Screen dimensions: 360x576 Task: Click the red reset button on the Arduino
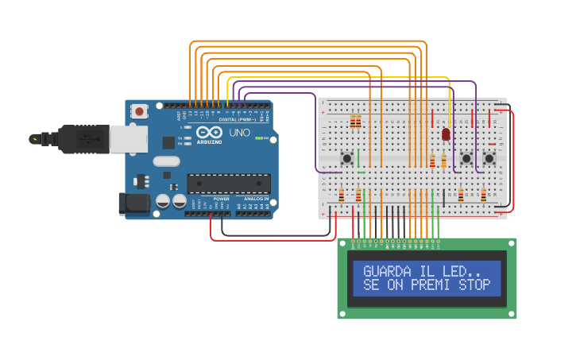pyautogui.click(x=140, y=111)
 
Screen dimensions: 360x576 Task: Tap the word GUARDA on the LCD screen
pyautogui.click(x=388, y=272)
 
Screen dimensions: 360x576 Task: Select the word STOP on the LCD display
pyautogui.click(x=474, y=285)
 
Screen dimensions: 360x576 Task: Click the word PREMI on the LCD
pyautogui.click(x=432, y=285)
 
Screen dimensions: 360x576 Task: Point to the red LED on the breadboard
pyautogui.click(x=446, y=134)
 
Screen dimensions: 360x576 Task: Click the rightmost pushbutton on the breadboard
pyautogui.click(x=489, y=158)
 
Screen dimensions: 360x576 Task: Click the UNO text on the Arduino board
pyautogui.click(x=239, y=133)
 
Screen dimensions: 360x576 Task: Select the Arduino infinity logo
pyautogui.click(x=209, y=132)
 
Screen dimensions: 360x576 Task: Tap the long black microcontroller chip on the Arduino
pyautogui.click(x=228, y=184)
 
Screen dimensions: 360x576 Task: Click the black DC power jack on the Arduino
pyautogui.click(x=133, y=203)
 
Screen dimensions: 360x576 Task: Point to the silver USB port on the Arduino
pyautogui.click(x=127, y=139)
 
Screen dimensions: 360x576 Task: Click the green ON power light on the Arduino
pyautogui.click(x=258, y=138)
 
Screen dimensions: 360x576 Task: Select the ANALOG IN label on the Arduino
pyautogui.click(x=256, y=198)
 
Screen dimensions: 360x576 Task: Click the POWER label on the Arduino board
pyautogui.click(x=221, y=198)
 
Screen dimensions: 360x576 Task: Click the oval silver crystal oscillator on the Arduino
pyautogui.click(x=167, y=161)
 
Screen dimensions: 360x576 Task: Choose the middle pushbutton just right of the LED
pyautogui.click(x=466, y=158)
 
